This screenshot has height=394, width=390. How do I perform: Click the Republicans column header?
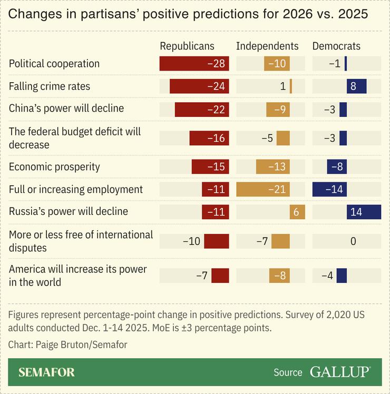(x=187, y=46)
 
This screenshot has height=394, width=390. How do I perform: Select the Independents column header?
(x=267, y=46)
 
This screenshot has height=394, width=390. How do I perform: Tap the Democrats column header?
(x=336, y=46)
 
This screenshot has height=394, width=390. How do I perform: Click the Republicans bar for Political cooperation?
(x=194, y=64)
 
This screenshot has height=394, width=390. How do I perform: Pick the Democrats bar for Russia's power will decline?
(x=364, y=212)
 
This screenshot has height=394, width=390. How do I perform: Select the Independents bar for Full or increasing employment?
(x=263, y=190)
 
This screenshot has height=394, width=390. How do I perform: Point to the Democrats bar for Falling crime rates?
(x=356, y=86)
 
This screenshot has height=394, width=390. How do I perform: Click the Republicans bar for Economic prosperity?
(x=210, y=167)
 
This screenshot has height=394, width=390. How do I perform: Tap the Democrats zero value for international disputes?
(x=353, y=241)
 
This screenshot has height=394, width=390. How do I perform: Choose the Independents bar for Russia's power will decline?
(x=297, y=212)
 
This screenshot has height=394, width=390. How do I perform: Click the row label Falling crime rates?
(x=50, y=86)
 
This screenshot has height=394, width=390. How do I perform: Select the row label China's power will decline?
(x=66, y=109)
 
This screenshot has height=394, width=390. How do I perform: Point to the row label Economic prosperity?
(x=54, y=167)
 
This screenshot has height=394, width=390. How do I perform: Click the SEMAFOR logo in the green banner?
(x=46, y=372)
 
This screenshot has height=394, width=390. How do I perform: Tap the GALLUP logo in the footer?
(x=339, y=372)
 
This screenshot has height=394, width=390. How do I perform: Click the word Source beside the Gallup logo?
(x=288, y=372)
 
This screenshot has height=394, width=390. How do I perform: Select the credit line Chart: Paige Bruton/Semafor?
(x=67, y=344)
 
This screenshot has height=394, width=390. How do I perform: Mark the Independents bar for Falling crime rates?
(x=291, y=86)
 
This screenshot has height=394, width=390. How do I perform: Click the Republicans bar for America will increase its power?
(x=220, y=275)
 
